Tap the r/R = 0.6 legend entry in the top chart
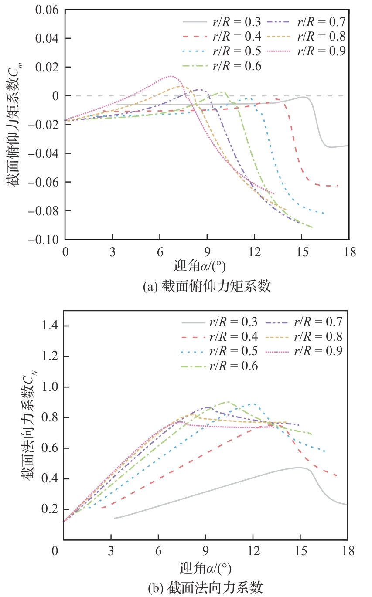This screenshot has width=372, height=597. pos(222,66)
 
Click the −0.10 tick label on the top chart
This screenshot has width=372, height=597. pos(44,240)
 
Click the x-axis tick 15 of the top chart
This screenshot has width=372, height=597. pos(301,251)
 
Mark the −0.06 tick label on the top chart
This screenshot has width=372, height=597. pos(44,182)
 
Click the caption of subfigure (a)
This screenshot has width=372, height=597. pos(207,286)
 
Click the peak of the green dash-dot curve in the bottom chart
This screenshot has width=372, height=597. pos(227,402)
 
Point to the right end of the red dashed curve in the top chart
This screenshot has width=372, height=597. pos(338,186)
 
